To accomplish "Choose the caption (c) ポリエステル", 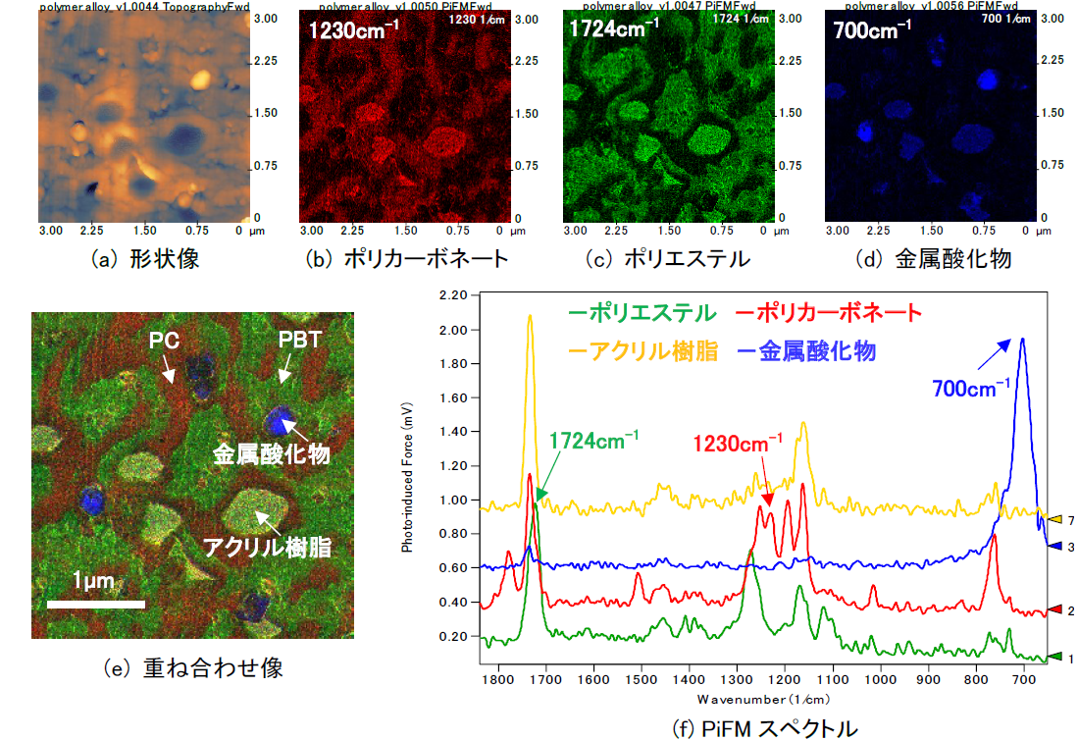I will (x=664, y=259).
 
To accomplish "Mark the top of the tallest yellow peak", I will (x=530, y=315).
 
